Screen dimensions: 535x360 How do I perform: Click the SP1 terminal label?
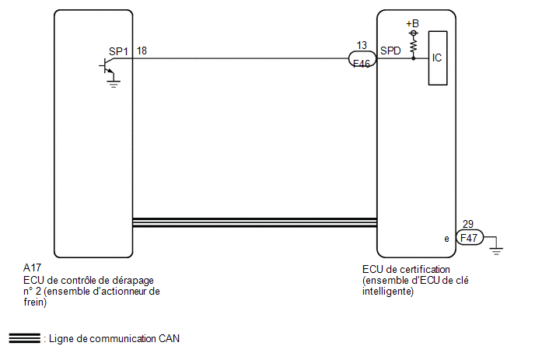[118, 51]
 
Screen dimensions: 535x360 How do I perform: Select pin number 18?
[142, 51]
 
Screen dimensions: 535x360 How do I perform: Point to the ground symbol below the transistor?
[114, 84]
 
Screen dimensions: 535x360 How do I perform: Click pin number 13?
[362, 45]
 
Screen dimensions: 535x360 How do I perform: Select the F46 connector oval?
[362, 59]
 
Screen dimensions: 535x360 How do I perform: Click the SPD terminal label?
[390, 51]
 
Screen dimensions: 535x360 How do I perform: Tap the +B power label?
[412, 23]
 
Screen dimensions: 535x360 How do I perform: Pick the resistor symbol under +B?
[414, 45]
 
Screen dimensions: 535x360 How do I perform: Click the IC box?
[438, 58]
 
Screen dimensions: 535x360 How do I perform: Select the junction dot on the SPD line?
[414, 58]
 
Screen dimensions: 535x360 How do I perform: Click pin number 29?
[468, 224]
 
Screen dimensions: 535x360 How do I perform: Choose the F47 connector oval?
[470, 237]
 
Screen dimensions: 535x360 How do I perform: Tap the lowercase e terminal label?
[446, 239]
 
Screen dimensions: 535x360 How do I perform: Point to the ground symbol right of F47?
[496, 250]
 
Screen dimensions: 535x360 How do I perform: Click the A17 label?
[32, 267]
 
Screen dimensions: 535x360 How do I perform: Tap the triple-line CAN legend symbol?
[25, 337]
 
